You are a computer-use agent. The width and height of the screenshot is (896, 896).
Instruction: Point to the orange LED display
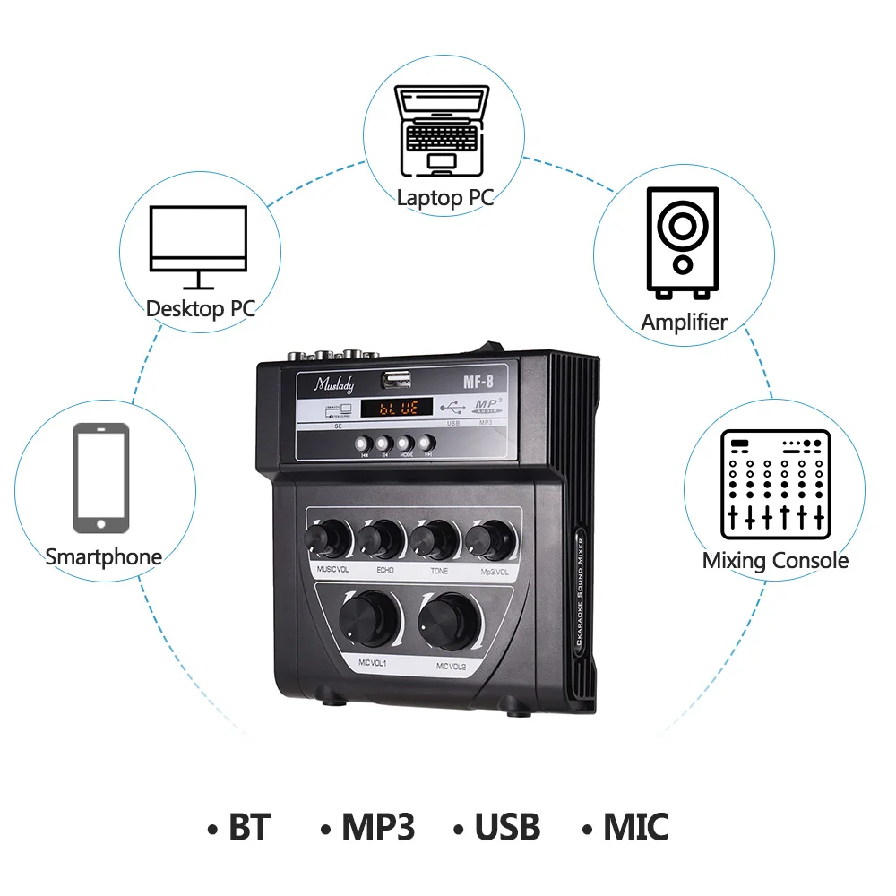[x=397, y=409]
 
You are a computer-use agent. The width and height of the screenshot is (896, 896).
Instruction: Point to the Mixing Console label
[x=775, y=561]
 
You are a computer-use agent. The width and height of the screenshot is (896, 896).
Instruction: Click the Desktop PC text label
[x=200, y=309]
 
